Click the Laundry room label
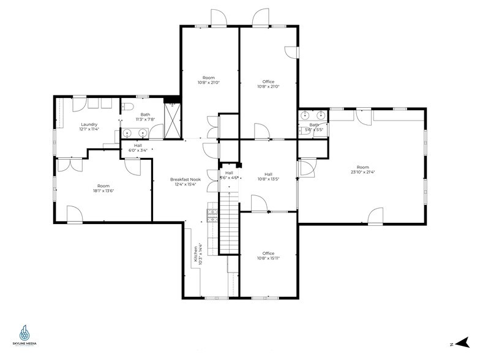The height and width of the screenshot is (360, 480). click(x=89, y=124)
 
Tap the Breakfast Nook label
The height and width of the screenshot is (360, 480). click(x=186, y=179)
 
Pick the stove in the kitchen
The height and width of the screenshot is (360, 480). click(x=212, y=214)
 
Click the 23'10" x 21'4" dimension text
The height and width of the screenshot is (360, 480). click(x=363, y=172)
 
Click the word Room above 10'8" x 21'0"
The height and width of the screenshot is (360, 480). click(x=209, y=77)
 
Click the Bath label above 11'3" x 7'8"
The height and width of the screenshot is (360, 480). click(x=145, y=114)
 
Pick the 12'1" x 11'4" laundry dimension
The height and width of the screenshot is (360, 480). click(x=89, y=129)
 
